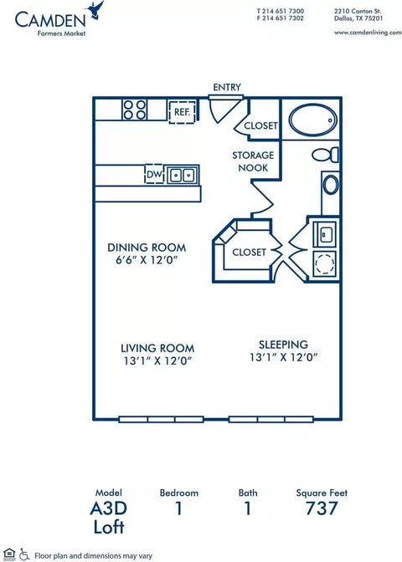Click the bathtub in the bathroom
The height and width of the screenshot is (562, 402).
[x=313, y=120]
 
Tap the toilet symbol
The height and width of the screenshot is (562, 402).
[x=325, y=155]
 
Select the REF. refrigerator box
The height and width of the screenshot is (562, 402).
[x=183, y=112]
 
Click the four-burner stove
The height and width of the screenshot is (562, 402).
[x=135, y=110]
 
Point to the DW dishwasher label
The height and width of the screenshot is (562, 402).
[x=154, y=175]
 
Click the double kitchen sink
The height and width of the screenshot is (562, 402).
[x=183, y=176]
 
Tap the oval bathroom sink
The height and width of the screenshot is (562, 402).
[x=330, y=185]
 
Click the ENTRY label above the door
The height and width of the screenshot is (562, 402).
[x=227, y=87]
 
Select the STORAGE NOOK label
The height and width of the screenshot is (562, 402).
[x=253, y=161]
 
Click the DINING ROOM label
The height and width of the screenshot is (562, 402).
[x=147, y=248]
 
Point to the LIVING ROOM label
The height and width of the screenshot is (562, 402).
[x=157, y=348]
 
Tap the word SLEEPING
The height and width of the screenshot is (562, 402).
[x=284, y=345]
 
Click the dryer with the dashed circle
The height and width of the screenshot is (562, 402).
[x=324, y=263]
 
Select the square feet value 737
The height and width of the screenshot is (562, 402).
[x=322, y=508]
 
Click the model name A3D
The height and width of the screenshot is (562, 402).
[x=108, y=508]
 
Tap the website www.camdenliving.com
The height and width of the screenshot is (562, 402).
[x=368, y=33]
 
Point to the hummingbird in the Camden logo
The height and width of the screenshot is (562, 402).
[x=95, y=9]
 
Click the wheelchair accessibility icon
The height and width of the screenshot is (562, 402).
[x=24, y=554]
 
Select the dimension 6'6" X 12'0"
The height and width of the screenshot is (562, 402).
[x=147, y=260]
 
